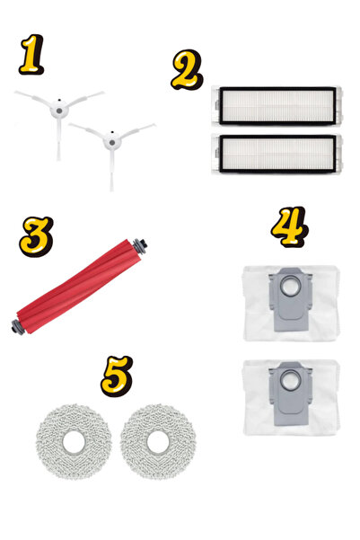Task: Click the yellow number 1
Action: point(31,54)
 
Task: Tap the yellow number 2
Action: point(187,69)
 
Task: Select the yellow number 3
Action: point(36,236)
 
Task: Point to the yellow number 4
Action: point(289,226)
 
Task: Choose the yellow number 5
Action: point(117,376)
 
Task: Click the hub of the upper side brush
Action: point(59,111)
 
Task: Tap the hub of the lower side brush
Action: point(112,142)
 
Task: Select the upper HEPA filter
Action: point(277,105)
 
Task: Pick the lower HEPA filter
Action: point(277,154)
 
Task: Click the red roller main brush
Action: point(79,287)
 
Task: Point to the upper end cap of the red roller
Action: point(140,246)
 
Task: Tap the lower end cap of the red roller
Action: point(18,327)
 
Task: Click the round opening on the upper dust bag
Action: point(290,287)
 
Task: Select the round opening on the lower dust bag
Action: point(290,381)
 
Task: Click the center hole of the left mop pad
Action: point(74,442)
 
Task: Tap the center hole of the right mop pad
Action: point(158,442)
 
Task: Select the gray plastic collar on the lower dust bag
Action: point(290,394)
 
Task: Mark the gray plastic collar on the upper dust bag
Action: point(290,299)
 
